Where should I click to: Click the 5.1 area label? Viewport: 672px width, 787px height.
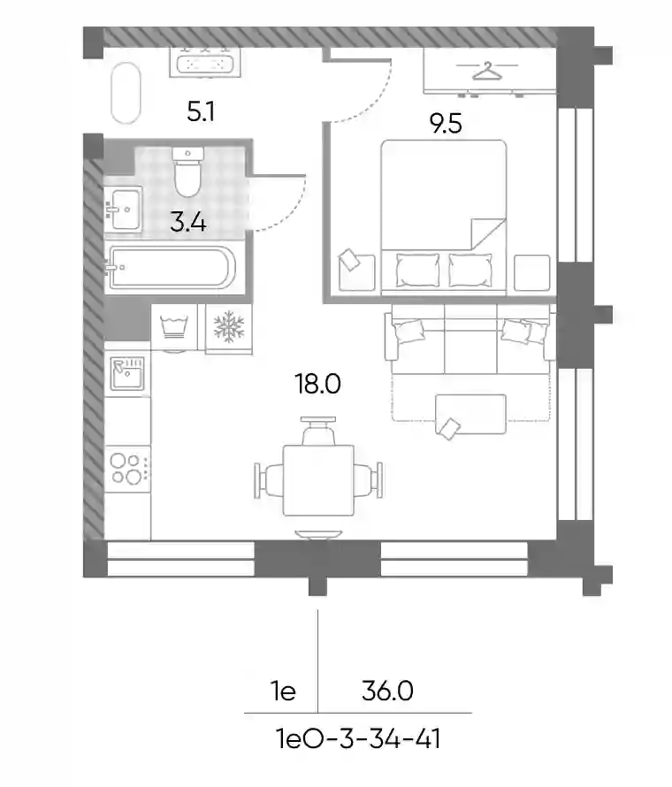pyautogui.click(x=201, y=111)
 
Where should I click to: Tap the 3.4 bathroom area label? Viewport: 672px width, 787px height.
pyautogui.click(x=188, y=222)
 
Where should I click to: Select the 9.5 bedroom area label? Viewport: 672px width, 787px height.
pyautogui.click(x=446, y=124)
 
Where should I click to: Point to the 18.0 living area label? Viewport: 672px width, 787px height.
pyautogui.click(x=318, y=384)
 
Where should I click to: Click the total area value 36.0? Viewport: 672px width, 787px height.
pyautogui.click(x=387, y=691)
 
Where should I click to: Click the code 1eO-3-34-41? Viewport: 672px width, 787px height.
pyautogui.click(x=358, y=739)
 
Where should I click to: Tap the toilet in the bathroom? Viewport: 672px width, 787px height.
pyautogui.click(x=187, y=172)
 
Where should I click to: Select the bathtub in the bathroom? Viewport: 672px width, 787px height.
pyautogui.click(x=170, y=268)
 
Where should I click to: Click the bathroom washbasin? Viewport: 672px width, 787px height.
pyautogui.click(x=123, y=209)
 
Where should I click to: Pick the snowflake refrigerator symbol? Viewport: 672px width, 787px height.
pyautogui.click(x=229, y=326)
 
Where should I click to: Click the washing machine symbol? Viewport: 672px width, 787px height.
pyautogui.click(x=174, y=327)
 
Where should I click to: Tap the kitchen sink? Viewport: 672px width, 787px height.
pyautogui.click(x=127, y=373)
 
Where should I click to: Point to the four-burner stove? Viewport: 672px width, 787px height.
pyautogui.click(x=127, y=469)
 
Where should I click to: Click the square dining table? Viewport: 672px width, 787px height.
pyautogui.click(x=318, y=480)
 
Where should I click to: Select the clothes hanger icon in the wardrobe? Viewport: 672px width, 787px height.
pyautogui.click(x=487, y=71)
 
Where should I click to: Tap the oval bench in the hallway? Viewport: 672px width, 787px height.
pyautogui.click(x=126, y=93)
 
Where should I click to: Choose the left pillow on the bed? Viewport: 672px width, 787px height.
pyautogui.click(x=417, y=270)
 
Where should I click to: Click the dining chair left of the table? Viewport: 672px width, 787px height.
pyautogui.click(x=270, y=480)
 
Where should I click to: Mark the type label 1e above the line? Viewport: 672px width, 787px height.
pyautogui.click(x=284, y=691)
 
